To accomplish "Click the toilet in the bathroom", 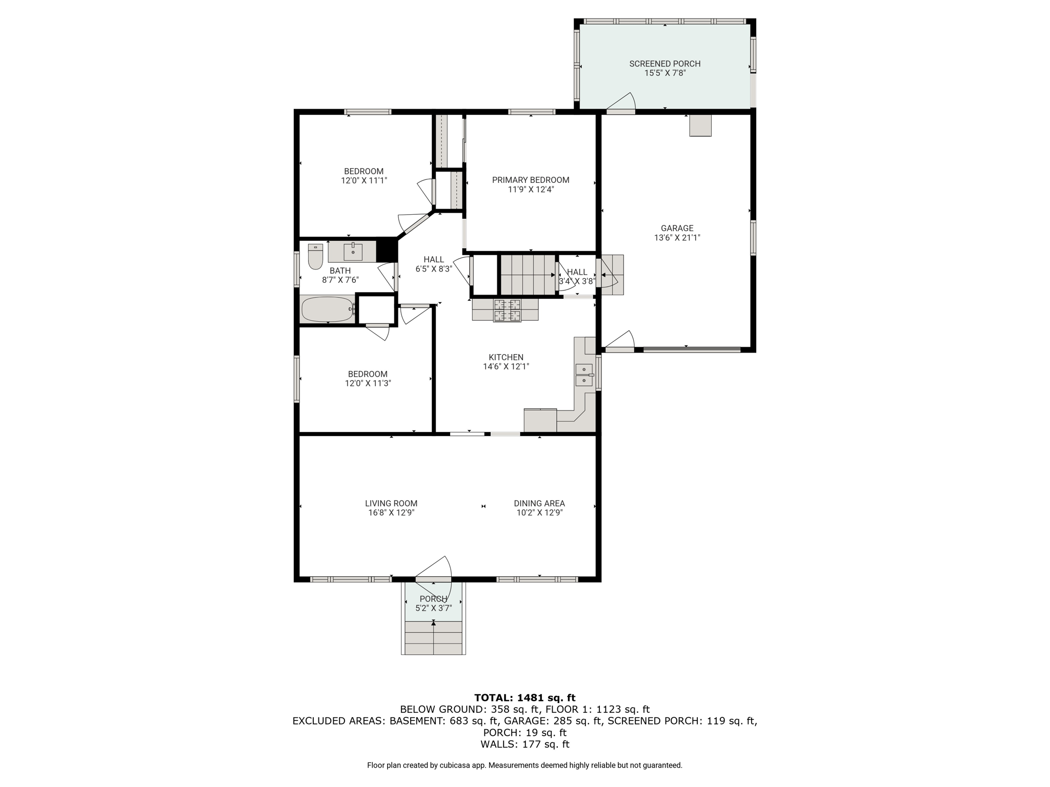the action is point(315,256).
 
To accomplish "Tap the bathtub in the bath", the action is point(328,309).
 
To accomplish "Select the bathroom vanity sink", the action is point(353,252).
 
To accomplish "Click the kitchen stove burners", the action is point(507,310).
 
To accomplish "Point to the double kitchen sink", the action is point(584,375).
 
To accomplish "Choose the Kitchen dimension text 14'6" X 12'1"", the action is point(506,366).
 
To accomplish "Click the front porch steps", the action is point(434,637).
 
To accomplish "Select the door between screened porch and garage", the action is point(621,102).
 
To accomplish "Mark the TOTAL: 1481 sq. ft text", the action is point(524,697).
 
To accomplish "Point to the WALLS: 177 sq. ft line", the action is point(524,744).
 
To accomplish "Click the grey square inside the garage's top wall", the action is point(700,125).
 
